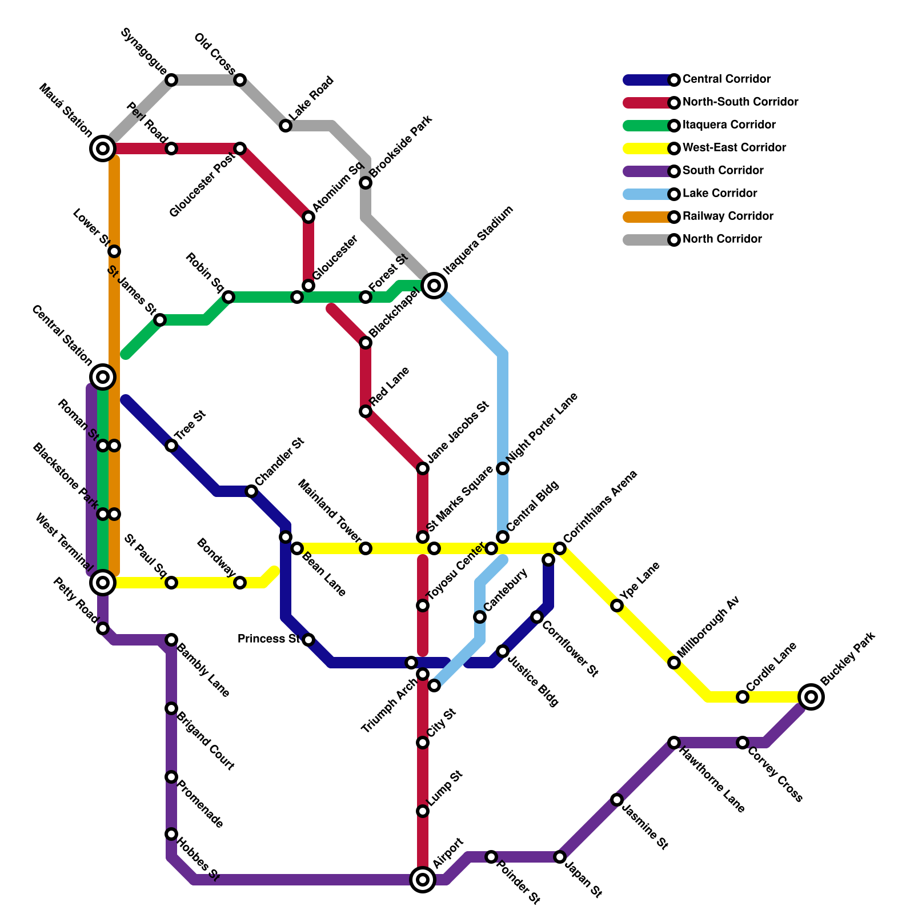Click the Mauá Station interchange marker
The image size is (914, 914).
click(103, 149)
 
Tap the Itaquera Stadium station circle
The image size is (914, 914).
click(434, 285)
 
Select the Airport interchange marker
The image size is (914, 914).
click(423, 879)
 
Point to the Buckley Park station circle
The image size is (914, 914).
click(811, 696)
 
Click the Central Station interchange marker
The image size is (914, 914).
click(103, 376)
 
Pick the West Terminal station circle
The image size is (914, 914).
click(103, 582)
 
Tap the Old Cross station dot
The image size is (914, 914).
click(240, 80)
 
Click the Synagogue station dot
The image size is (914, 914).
click(171, 80)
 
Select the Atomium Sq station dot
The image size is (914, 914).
click(308, 217)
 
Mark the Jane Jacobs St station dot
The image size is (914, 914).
click(423, 468)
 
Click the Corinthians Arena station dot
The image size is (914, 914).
click(560, 548)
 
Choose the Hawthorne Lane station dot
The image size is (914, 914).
click(674, 743)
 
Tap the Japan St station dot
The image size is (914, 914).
click(560, 857)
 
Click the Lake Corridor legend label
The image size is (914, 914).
click(720, 194)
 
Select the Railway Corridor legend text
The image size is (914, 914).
click(728, 217)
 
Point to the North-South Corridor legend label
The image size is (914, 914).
click(740, 102)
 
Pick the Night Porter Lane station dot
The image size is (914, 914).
click(503, 468)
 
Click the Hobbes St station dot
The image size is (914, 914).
click(171, 834)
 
